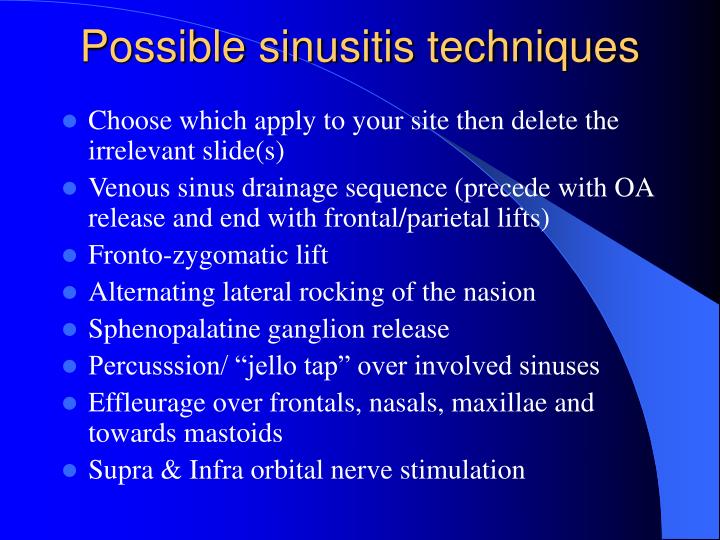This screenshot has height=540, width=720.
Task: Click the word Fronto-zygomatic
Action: pyautogui.click(x=176, y=255)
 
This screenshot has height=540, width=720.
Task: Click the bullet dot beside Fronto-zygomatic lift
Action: pyautogui.click(x=70, y=256)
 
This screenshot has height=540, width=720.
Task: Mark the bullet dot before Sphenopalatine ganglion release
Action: pyautogui.click(x=70, y=330)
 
